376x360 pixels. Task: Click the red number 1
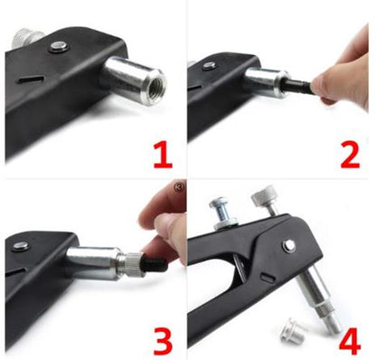click(x=163, y=156)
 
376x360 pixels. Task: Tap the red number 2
click(x=350, y=156)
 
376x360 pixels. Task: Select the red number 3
click(x=163, y=341)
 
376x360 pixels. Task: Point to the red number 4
click(x=350, y=341)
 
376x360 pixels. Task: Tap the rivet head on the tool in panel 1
click(x=59, y=46)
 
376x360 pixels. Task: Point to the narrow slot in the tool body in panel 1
click(x=31, y=80)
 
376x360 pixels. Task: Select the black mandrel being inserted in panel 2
click(x=298, y=84)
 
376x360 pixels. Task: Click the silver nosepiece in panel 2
click(x=267, y=81)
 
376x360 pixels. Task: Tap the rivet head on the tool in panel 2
click(x=209, y=65)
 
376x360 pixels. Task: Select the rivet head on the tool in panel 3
click(x=21, y=245)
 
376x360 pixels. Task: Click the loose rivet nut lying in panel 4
click(x=291, y=331)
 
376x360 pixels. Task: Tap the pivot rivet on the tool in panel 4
click(x=289, y=246)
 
